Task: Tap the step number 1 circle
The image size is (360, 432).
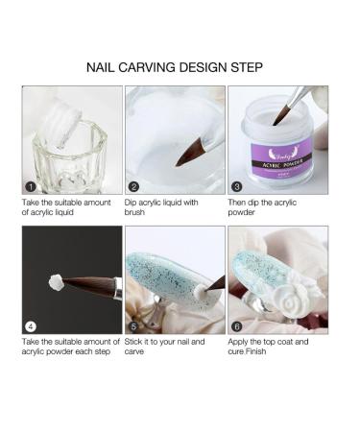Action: (31, 186)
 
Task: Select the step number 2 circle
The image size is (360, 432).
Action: (133, 186)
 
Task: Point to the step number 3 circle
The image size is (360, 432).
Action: (236, 186)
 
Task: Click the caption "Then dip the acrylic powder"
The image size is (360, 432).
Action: (259, 208)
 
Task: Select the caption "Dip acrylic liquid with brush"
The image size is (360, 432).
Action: (162, 208)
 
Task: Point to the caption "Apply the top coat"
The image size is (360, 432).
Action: (266, 341)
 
